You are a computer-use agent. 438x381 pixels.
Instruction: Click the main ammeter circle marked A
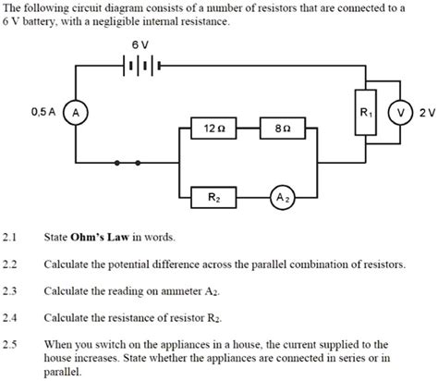[x=78, y=112]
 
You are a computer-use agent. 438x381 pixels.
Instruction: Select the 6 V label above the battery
[x=140, y=43]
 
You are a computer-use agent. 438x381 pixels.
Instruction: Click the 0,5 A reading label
[x=43, y=112]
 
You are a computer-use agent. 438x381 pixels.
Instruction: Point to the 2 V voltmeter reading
[x=426, y=112]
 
